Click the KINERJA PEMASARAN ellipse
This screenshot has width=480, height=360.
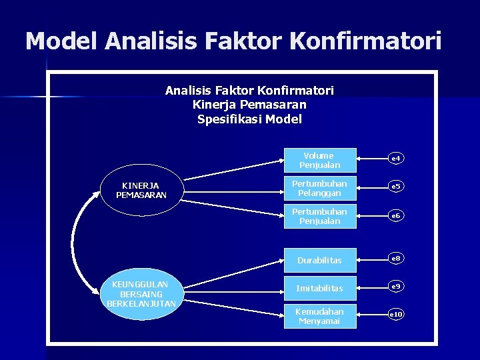tap(141, 190)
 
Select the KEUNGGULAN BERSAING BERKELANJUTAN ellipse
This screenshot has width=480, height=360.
tap(141, 295)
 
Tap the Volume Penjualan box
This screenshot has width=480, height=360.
tap(320, 160)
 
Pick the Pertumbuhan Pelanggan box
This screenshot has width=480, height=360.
tap(320, 188)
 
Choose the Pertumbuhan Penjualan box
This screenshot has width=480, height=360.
tap(320, 216)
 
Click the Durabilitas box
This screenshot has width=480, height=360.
tap(320, 260)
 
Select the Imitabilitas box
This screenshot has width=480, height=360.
tap(320, 288)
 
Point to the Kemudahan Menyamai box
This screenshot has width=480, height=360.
tap(320, 316)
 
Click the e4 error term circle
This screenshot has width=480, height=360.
tap(395, 159)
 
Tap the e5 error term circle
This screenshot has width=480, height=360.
tap(395, 187)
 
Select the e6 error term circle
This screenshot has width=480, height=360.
tap(395, 216)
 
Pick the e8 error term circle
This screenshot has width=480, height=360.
tap(395, 258)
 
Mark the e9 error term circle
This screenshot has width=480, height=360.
tap(395, 286)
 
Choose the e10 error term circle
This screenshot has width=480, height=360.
tap(395, 314)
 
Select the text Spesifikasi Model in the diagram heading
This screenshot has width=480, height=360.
tap(249, 119)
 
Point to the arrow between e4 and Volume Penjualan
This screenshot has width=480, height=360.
tap(371, 159)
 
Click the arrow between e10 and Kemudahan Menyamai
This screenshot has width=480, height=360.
tap(371, 314)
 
